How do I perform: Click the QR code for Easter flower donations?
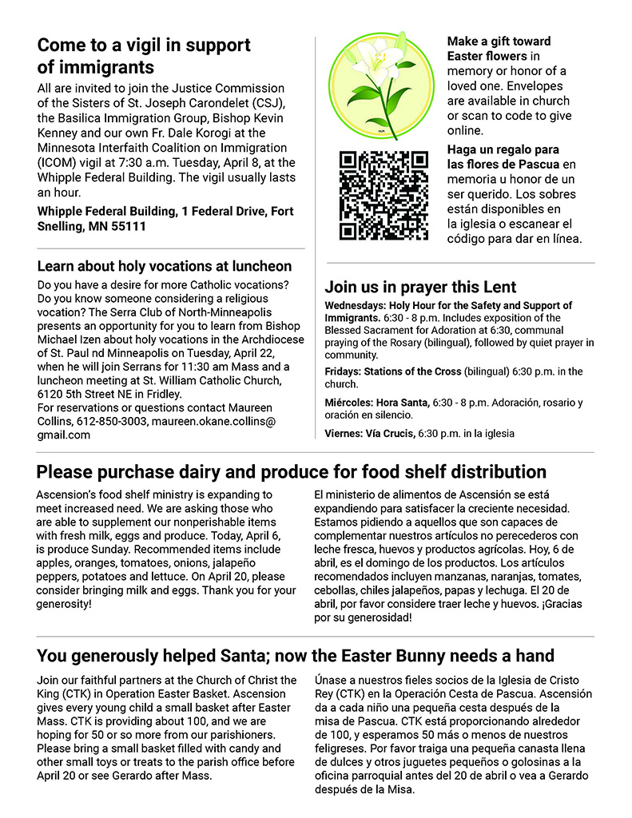pos(383,195)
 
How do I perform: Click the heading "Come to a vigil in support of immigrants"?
pos(144,55)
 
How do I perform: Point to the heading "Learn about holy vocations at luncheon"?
pos(165,266)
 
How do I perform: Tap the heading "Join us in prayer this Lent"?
pos(420,287)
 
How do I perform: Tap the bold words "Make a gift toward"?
pos(499,42)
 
